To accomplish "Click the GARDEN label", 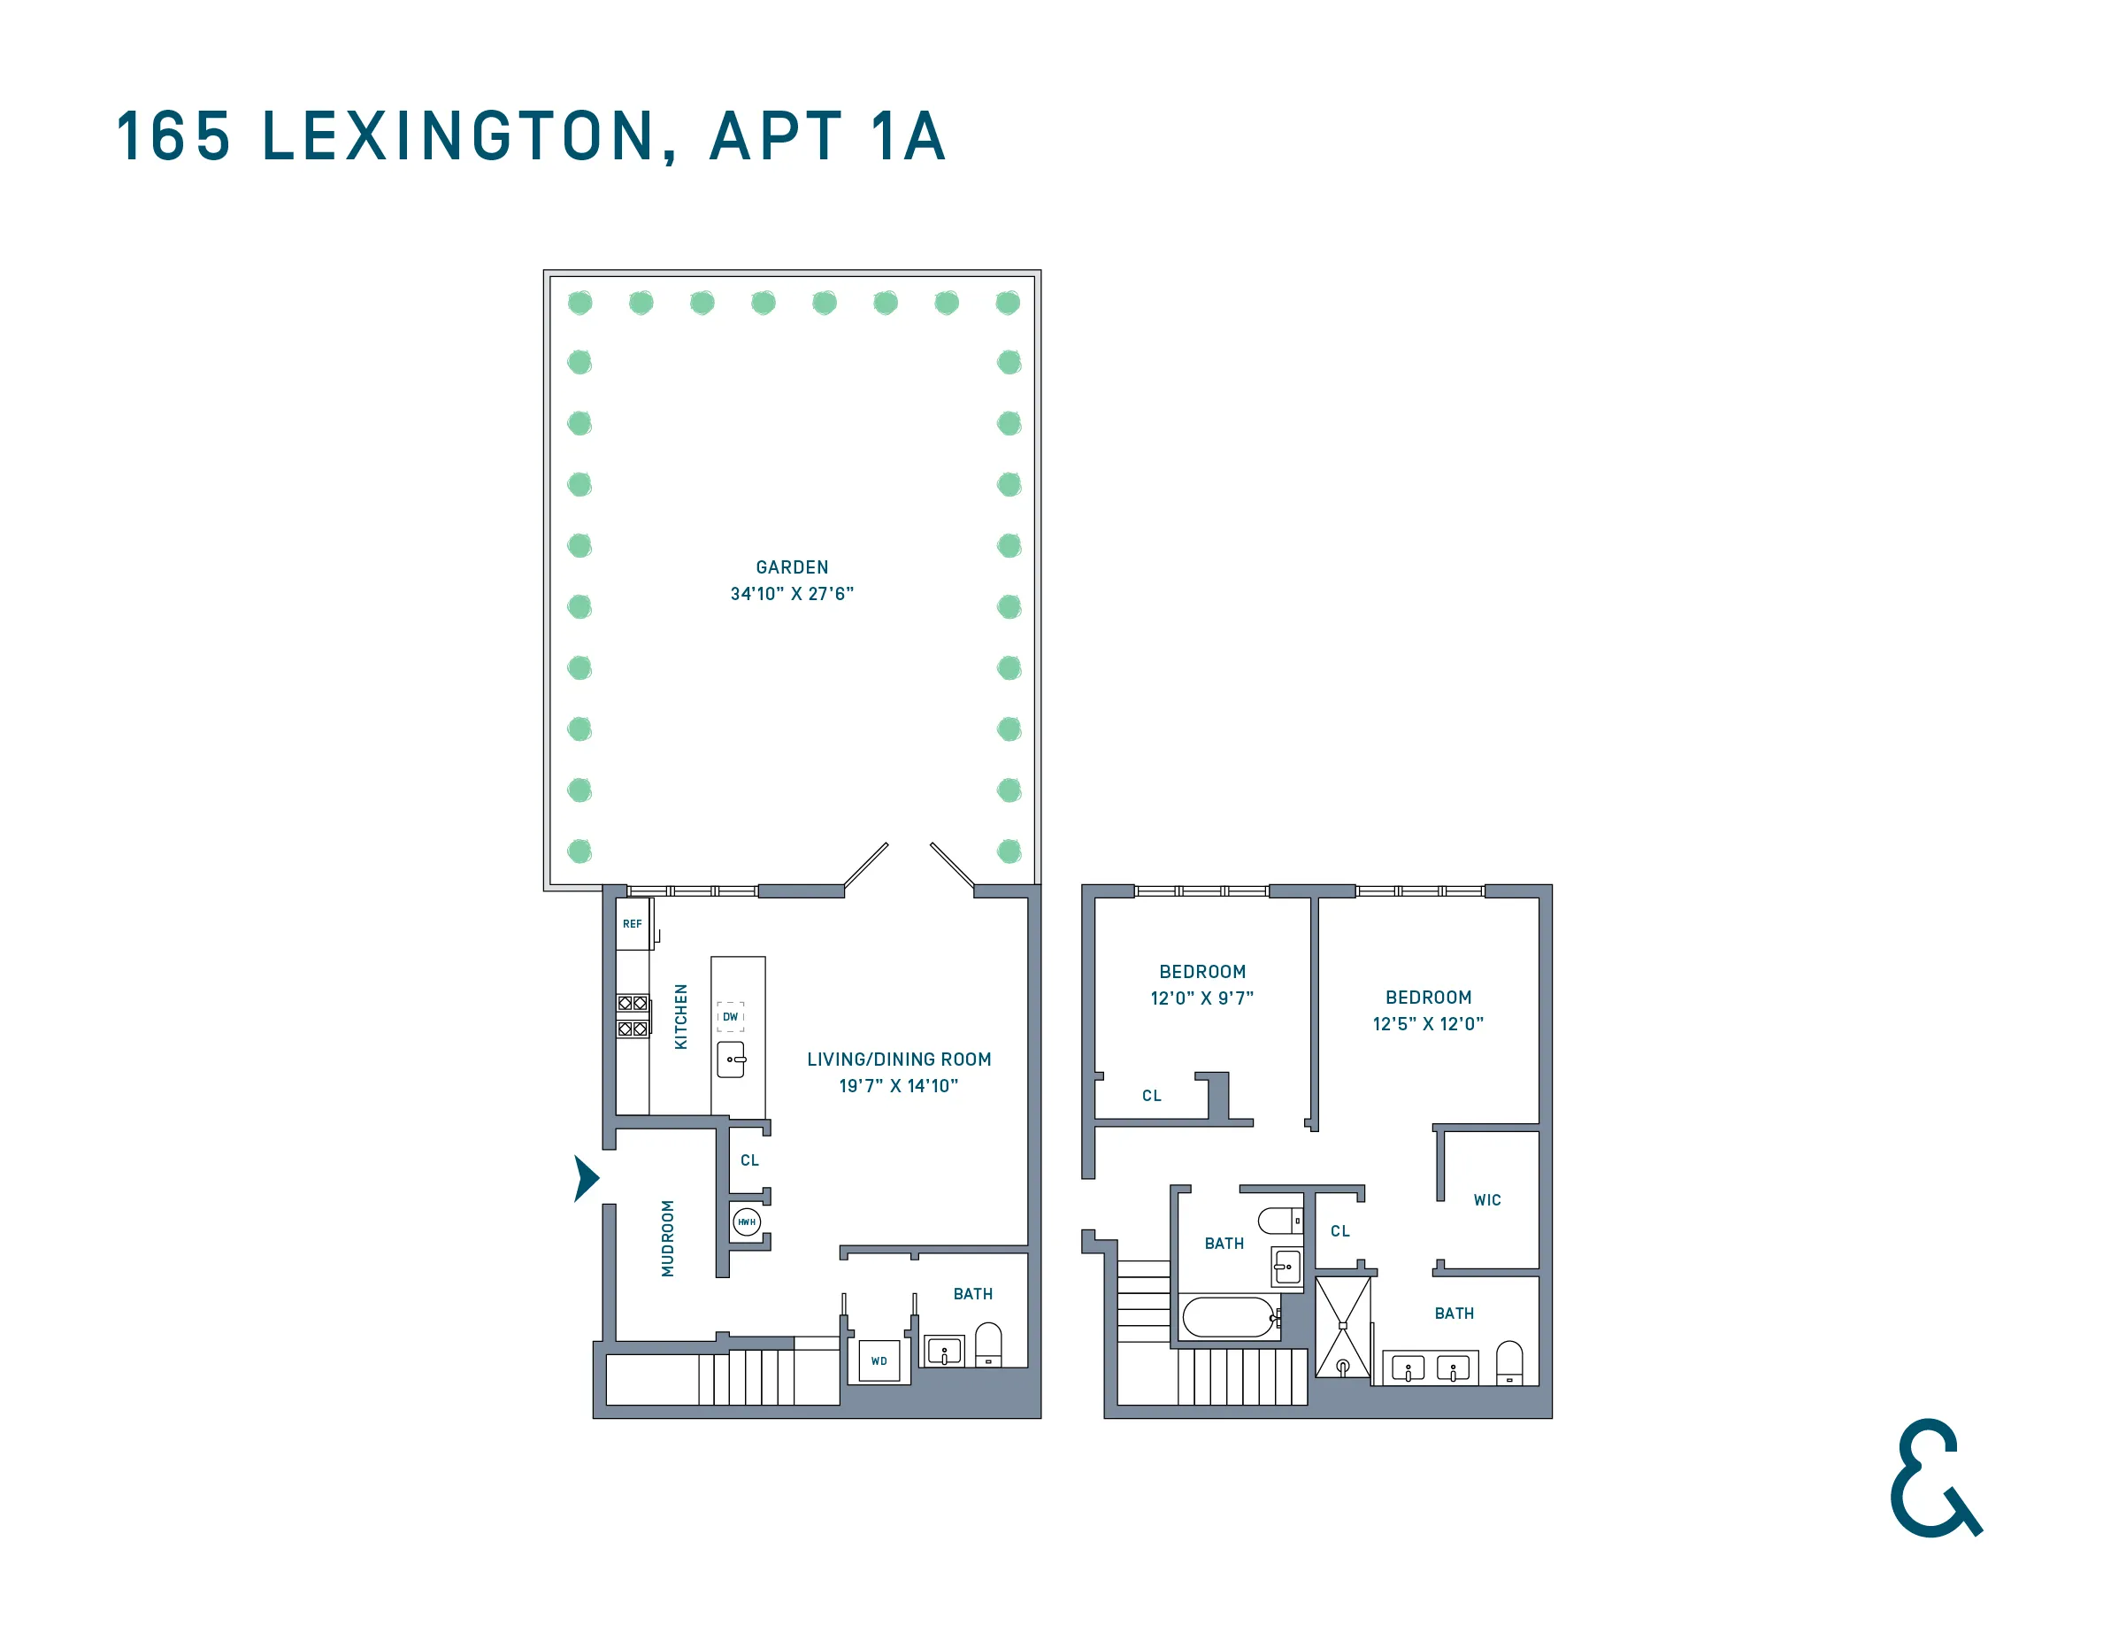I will click(x=792, y=567).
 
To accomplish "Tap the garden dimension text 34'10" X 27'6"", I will click(x=792, y=594).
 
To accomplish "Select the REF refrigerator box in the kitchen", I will click(x=633, y=924).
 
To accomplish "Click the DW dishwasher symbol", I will click(x=730, y=1017).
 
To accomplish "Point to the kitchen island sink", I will click(x=731, y=1060).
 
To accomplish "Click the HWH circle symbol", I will click(x=746, y=1222).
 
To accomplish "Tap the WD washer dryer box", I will click(x=879, y=1361).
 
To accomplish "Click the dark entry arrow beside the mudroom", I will click(x=586, y=1178).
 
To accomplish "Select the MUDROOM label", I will click(x=667, y=1239).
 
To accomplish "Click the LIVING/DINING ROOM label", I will click(x=898, y=1060).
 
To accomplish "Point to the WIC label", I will click(x=1486, y=1200).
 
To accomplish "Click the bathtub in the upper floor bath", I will click(x=1227, y=1317).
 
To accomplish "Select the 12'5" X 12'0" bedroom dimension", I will click(x=1428, y=1024).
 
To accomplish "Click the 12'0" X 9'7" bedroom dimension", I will click(x=1201, y=998).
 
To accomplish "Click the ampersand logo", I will click(x=1933, y=1477).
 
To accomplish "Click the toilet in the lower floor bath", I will click(x=988, y=1345).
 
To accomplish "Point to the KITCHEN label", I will click(x=680, y=1017).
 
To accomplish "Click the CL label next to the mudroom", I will click(x=749, y=1160).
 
